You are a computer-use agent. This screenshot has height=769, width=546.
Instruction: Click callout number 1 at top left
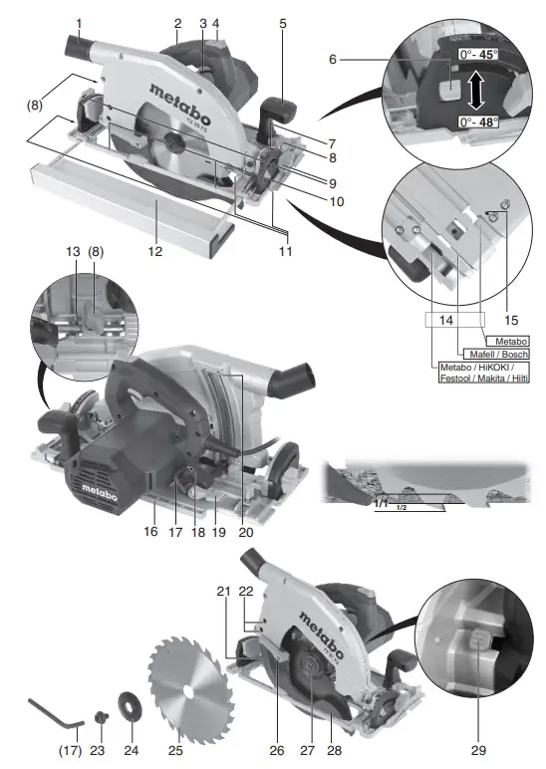click(78, 22)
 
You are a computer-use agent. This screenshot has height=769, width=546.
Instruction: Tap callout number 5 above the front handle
click(281, 22)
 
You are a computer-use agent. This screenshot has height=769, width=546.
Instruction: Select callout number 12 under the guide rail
click(154, 252)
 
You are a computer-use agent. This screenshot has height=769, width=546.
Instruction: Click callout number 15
click(510, 320)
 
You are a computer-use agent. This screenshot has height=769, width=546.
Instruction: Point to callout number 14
click(445, 320)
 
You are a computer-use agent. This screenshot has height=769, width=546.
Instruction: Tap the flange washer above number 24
click(130, 701)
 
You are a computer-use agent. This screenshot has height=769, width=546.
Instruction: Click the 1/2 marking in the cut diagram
click(401, 509)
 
